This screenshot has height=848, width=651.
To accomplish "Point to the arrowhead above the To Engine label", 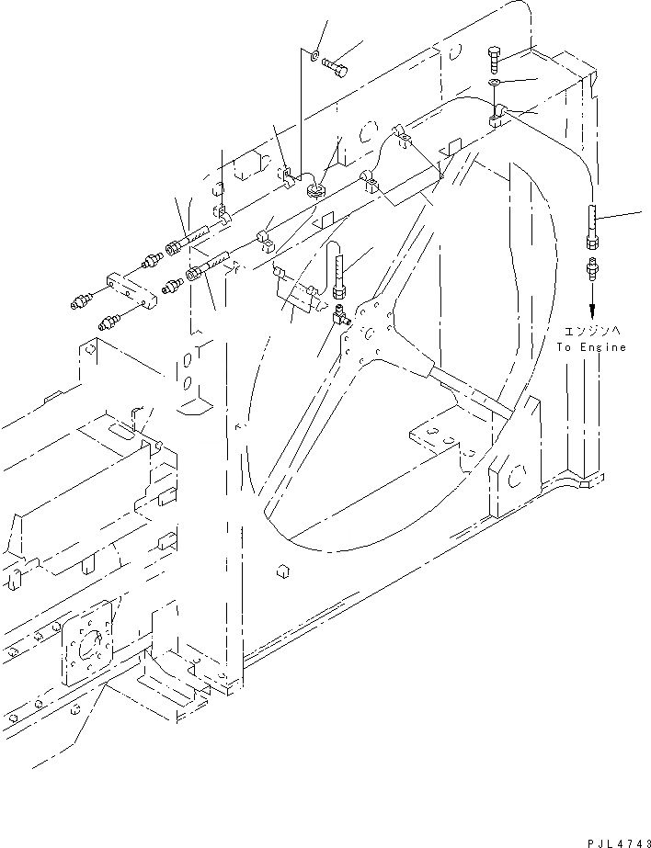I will pos(591,310).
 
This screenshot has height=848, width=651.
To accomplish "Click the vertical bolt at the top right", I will pos(495,59).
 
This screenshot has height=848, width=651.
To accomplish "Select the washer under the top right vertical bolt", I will pos(495,84).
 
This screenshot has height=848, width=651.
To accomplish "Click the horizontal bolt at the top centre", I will pos(338,65).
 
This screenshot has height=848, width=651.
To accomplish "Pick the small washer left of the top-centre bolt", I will pos(314,56).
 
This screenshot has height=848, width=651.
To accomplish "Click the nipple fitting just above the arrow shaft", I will pos(592,270).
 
